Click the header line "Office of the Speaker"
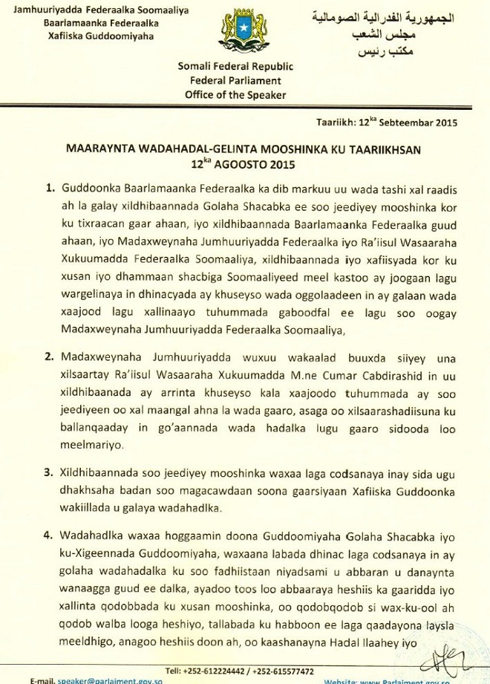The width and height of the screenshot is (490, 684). click(235, 95)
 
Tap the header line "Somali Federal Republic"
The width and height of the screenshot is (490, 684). click(235, 67)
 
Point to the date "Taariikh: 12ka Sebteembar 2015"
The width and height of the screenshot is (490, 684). click(386, 122)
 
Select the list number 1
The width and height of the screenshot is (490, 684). click(50, 189)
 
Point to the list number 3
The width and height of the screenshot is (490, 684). click(50, 472)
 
